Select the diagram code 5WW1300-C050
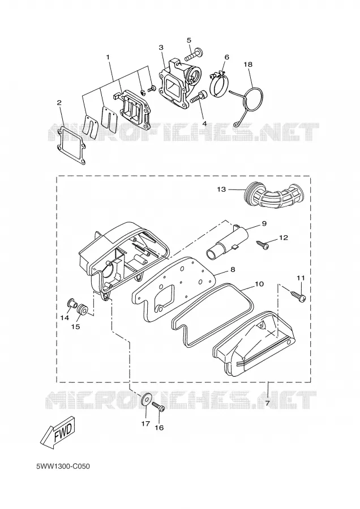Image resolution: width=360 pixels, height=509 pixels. (x=63, y=467)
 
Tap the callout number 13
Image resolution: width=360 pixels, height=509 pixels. (x=221, y=189)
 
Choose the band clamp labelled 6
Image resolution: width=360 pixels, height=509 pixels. (x=218, y=83)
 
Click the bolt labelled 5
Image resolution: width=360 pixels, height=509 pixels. (x=194, y=54)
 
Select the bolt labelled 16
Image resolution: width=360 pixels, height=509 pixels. (x=159, y=407)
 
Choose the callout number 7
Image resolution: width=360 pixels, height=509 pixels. (x=267, y=403)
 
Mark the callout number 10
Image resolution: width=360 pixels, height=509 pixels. (x=259, y=284)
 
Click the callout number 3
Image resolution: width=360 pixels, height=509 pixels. (x=161, y=48)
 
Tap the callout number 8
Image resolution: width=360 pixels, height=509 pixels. (x=233, y=269)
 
